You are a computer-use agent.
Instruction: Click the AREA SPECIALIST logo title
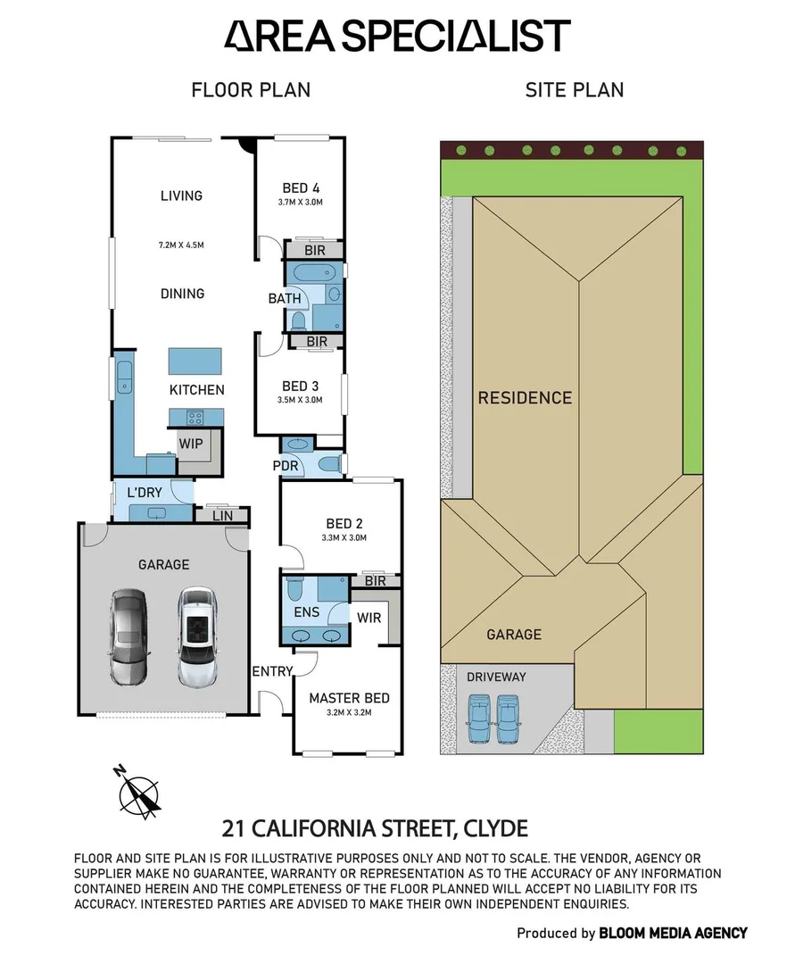[396, 36]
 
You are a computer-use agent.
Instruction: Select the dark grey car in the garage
[127, 636]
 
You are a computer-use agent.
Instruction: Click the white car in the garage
[197, 636]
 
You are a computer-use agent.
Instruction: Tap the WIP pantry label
[190, 444]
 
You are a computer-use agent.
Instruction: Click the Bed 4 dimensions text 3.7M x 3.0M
[301, 203]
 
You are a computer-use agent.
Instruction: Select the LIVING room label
[181, 195]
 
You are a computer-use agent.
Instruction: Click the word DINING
[181, 293]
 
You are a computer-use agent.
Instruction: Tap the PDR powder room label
[285, 466]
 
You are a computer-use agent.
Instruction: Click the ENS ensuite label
[306, 613]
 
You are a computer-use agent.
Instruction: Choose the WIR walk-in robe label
[369, 617]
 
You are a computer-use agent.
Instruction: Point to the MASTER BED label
[349, 698]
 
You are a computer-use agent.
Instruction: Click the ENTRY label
[273, 671]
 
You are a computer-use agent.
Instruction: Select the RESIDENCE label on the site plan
[525, 397]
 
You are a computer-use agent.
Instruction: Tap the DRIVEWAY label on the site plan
[496, 677]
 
